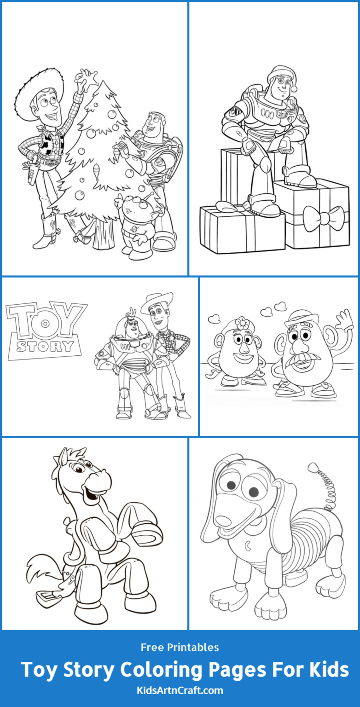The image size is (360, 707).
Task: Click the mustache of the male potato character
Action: pos(299,359)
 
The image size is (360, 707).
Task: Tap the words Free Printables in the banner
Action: pos(180,647)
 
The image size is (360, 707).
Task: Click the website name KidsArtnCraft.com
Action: pos(180,690)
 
